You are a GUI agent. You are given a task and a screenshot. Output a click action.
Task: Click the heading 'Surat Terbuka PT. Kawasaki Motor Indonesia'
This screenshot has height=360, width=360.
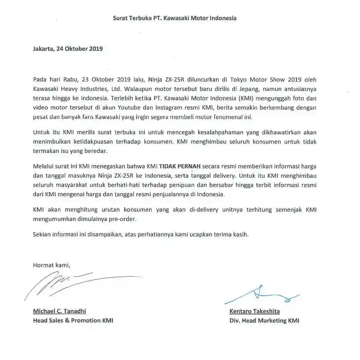(175, 18)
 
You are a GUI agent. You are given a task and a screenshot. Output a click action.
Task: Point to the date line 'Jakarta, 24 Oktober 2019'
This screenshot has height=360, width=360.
(68, 49)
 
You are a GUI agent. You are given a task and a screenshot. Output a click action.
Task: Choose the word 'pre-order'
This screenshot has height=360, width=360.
(121, 219)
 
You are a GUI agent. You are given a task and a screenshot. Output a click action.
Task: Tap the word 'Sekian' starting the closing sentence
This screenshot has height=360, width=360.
(42, 234)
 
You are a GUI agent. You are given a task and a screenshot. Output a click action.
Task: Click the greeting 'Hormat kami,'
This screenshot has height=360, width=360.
(52, 265)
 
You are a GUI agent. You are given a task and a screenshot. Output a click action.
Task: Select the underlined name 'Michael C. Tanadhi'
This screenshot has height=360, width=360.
(59, 311)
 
